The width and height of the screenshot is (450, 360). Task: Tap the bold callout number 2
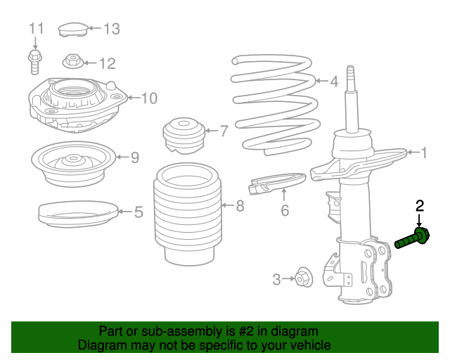click(x=420, y=206)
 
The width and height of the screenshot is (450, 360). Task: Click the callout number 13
click(x=112, y=29)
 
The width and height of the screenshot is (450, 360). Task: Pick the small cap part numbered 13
click(x=71, y=29)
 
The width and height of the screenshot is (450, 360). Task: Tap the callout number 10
click(x=149, y=98)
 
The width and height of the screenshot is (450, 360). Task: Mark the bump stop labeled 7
click(x=181, y=134)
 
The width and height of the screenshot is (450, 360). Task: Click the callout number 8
click(x=240, y=206)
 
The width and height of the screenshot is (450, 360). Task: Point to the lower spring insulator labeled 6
click(x=277, y=182)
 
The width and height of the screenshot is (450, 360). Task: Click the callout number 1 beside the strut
click(x=423, y=152)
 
